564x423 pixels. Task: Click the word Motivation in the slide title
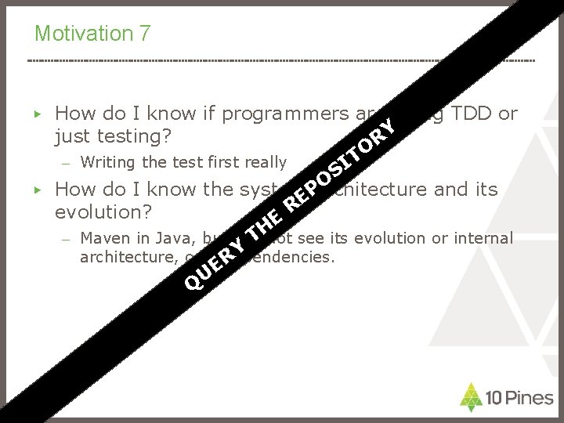tap(83, 34)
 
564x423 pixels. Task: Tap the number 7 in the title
tap(145, 34)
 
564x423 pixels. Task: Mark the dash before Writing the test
tap(68, 164)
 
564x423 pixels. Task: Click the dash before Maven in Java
tap(68, 239)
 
